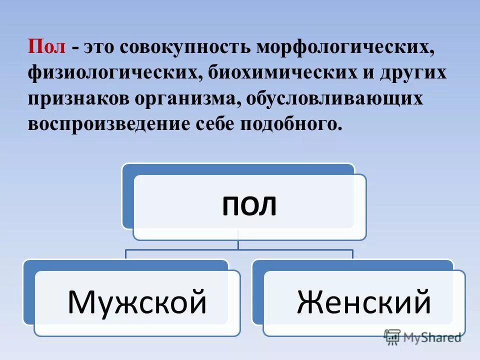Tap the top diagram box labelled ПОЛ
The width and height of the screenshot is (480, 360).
[x=249, y=206]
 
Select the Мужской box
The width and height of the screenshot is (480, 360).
[x=136, y=301]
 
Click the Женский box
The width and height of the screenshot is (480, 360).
[x=363, y=301]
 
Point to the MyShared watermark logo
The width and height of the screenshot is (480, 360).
[x=422, y=337]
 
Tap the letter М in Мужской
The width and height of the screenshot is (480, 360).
[x=80, y=301]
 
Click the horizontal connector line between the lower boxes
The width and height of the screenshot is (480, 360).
[x=239, y=249]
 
